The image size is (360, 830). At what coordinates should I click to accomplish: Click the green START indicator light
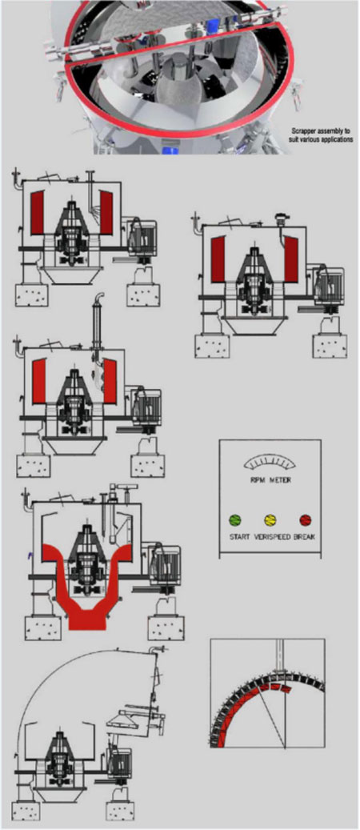(234, 519)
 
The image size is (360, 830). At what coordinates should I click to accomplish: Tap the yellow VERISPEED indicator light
(270, 519)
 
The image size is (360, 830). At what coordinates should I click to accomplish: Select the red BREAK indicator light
(305, 519)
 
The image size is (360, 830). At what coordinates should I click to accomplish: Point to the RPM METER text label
(270, 482)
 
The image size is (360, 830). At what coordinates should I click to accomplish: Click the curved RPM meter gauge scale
(270, 462)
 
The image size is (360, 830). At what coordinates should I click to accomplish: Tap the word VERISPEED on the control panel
(270, 535)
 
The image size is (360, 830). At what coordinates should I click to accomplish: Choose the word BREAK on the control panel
(305, 535)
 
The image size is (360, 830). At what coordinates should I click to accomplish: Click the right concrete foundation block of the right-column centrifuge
(329, 345)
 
